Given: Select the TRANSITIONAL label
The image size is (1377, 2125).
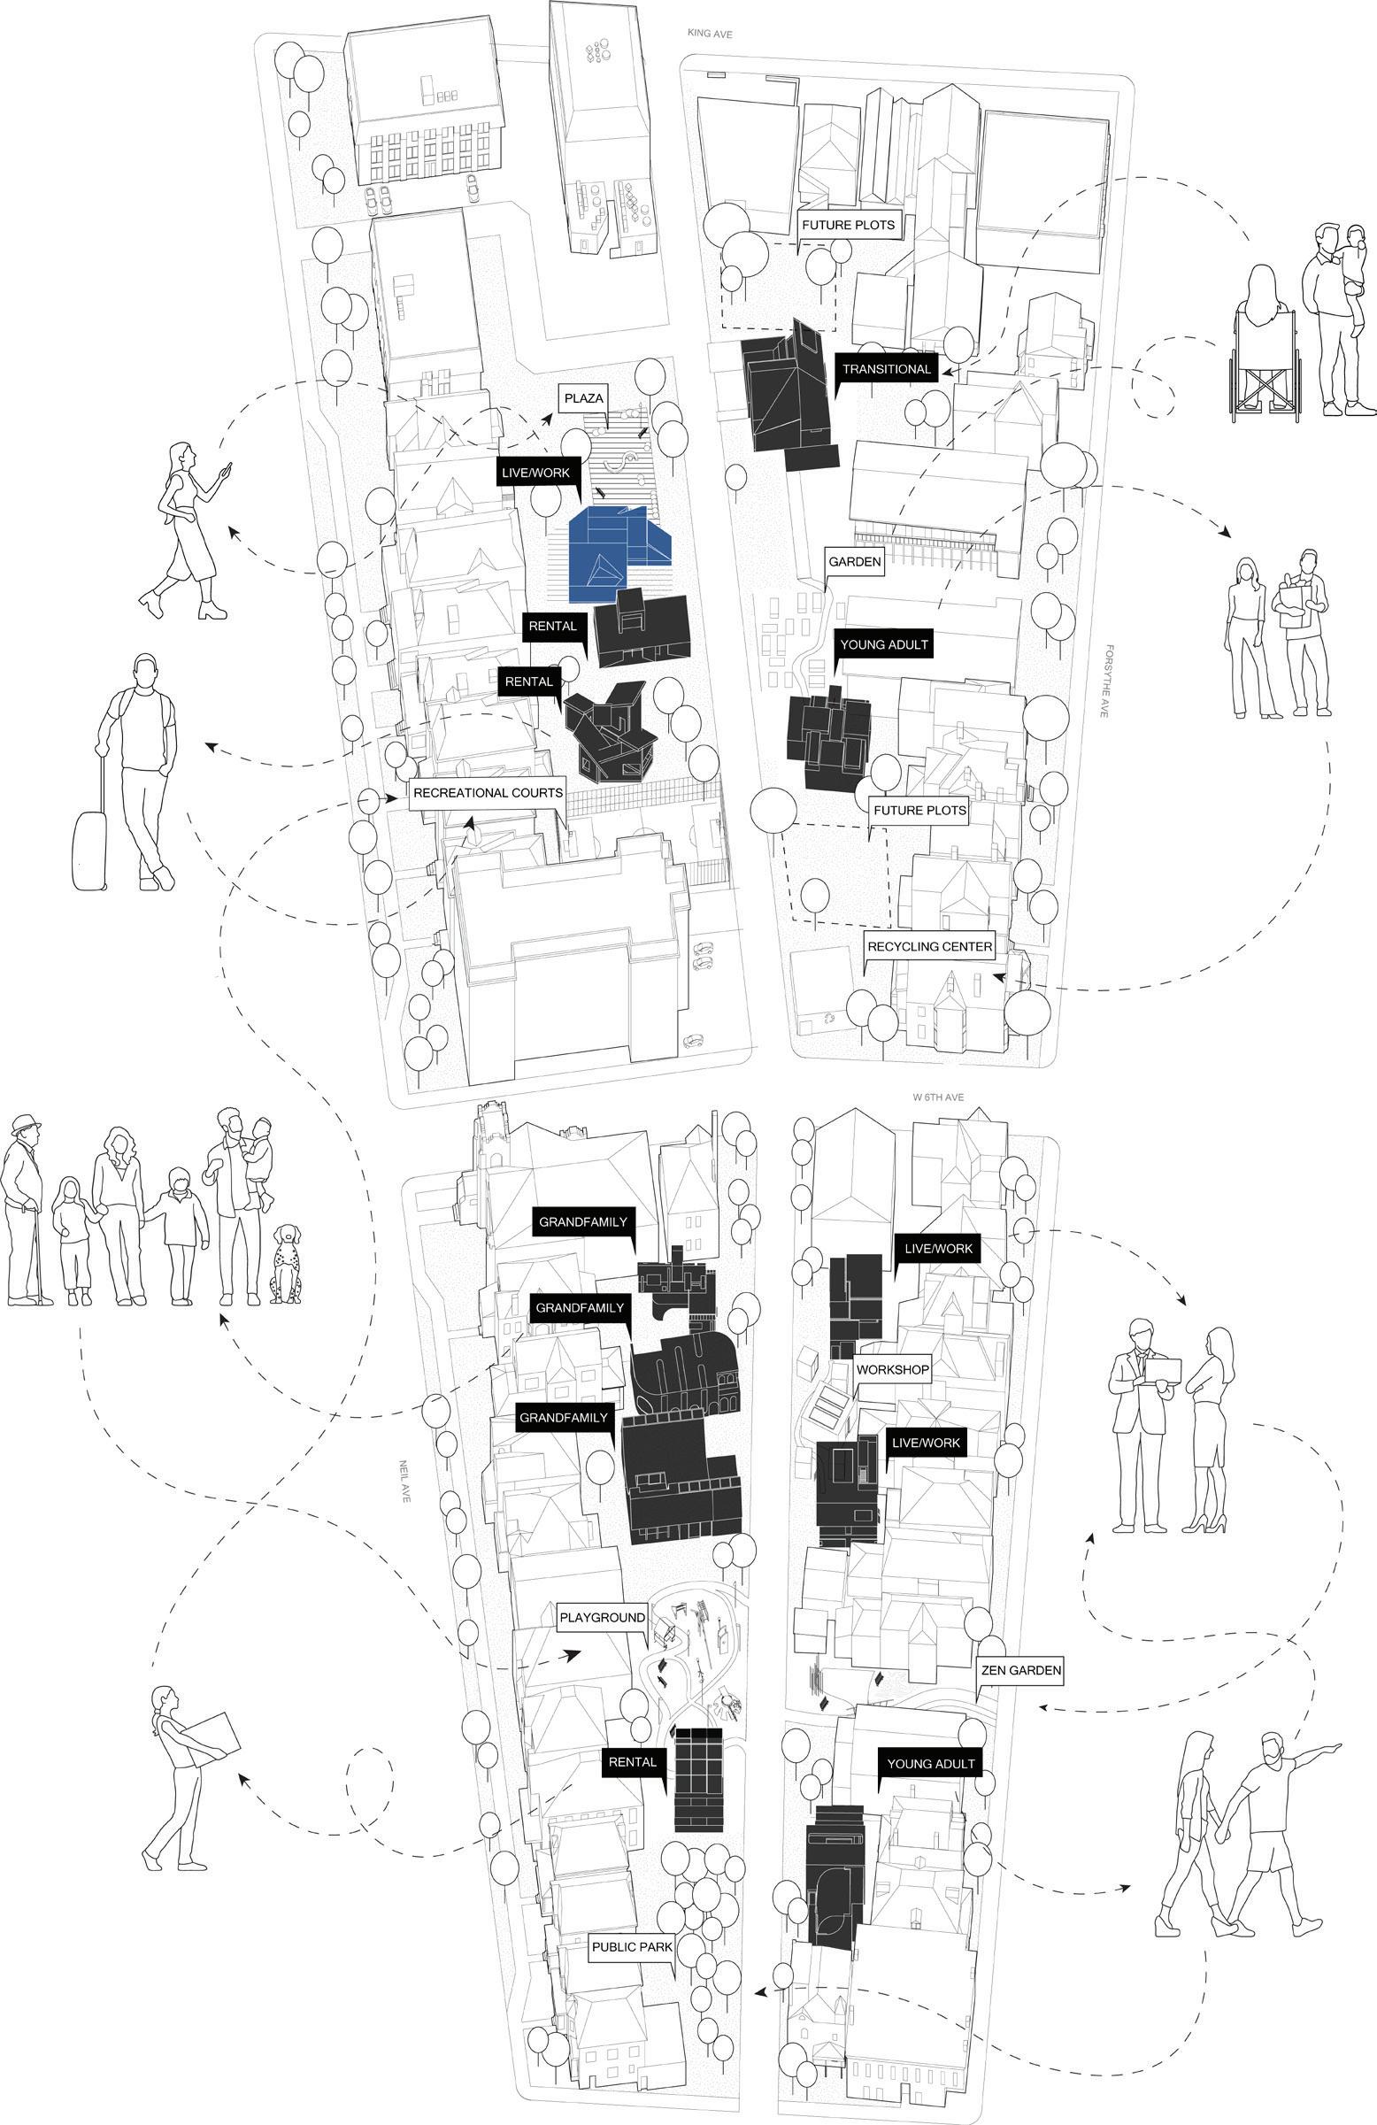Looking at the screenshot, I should (887, 369).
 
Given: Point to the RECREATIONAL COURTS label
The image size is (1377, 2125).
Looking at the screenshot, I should (488, 793).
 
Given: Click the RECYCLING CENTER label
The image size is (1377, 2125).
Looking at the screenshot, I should (929, 946).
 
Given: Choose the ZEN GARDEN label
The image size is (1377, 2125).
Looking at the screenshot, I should (1020, 1669).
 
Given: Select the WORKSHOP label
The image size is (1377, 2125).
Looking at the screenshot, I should (893, 1370).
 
